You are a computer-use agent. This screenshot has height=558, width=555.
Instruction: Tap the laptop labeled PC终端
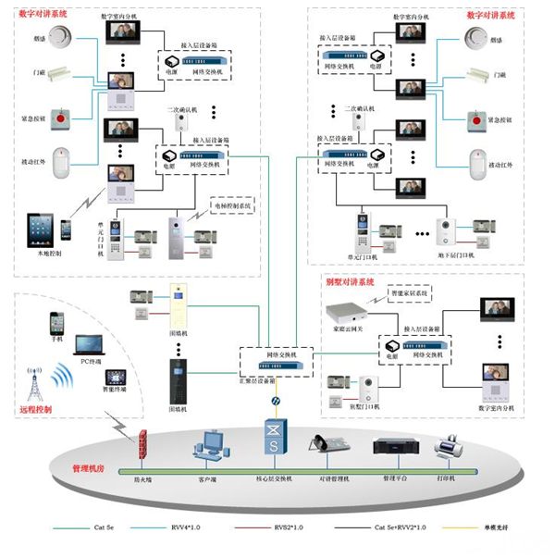(91, 347)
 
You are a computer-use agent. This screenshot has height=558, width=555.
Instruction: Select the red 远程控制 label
(34, 408)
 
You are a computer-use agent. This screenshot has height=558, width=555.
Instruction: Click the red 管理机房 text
(88, 469)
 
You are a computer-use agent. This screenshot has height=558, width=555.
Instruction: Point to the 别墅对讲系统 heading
(350, 281)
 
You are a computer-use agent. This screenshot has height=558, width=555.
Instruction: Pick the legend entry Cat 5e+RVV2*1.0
(396, 526)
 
